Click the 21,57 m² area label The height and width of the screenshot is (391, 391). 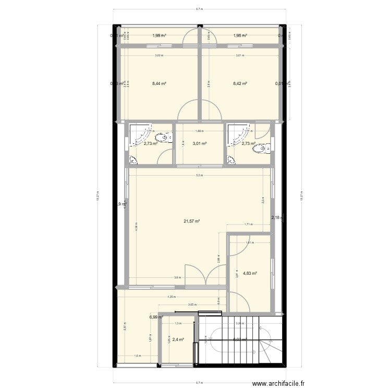(192, 221)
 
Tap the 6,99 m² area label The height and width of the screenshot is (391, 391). (155, 316)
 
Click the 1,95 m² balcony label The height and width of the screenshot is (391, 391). (240, 36)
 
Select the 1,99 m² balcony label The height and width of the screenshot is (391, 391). (159, 36)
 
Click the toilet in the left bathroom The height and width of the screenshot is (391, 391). (166, 138)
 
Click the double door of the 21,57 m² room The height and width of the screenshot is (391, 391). (207, 275)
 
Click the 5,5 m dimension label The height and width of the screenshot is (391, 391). (199, 175)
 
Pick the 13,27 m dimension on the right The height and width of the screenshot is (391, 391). (301, 198)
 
